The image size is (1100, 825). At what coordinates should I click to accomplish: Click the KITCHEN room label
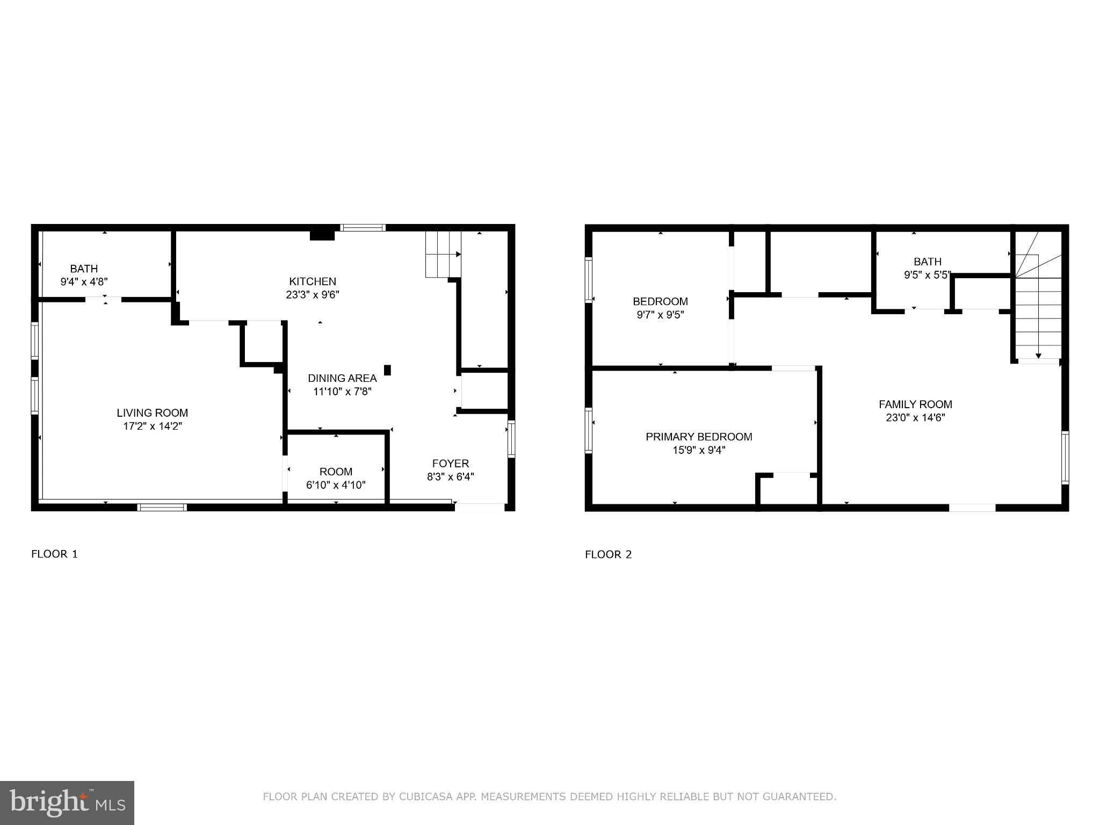click(313, 281)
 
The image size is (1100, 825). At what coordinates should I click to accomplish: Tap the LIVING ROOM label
click(153, 413)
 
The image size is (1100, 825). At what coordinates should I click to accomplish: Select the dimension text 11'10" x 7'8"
click(342, 392)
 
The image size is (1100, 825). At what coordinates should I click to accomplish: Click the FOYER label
click(451, 464)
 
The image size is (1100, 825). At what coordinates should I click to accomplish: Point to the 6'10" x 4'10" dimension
click(336, 485)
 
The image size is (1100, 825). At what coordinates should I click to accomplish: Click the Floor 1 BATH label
click(84, 269)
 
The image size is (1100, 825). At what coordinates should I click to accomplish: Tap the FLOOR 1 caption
click(55, 554)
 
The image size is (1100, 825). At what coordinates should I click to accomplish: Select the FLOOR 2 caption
click(609, 555)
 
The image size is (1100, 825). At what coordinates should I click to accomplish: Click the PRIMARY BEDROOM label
click(699, 437)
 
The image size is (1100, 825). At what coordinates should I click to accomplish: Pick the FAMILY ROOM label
click(915, 404)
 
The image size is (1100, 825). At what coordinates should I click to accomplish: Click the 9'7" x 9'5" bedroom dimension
click(660, 315)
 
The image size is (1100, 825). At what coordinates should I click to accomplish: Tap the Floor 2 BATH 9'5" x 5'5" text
click(928, 275)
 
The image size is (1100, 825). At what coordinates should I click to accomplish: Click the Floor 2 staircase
click(1038, 312)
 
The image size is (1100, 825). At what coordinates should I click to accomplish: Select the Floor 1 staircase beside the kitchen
click(443, 255)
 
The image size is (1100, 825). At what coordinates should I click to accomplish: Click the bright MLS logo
click(67, 803)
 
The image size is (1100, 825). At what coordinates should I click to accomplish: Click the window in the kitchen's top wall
click(364, 228)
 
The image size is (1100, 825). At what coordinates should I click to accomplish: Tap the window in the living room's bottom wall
click(162, 507)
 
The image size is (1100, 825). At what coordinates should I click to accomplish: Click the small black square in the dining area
click(387, 370)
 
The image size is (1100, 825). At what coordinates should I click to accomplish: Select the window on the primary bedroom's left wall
click(589, 430)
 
